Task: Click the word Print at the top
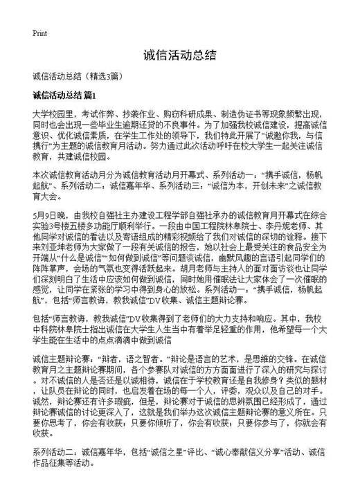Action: tap(39, 33)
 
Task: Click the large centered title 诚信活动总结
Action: tap(180, 55)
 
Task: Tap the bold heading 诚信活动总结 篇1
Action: tap(67, 93)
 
